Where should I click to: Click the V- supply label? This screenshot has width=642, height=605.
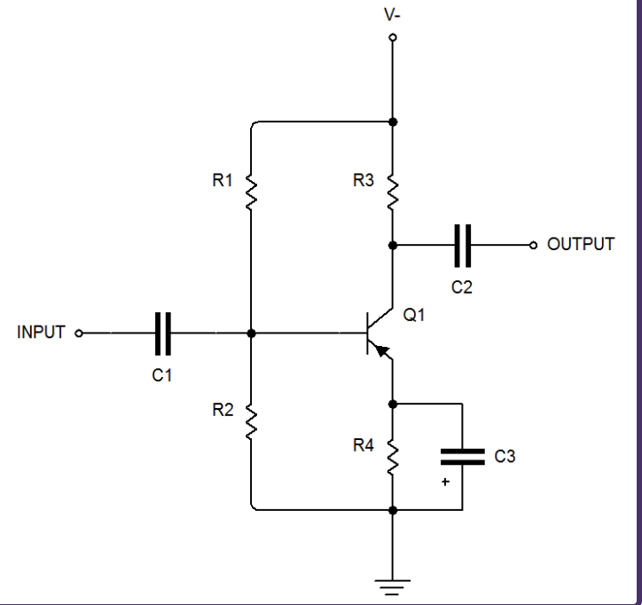click(392, 15)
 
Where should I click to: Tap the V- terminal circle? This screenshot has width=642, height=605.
click(393, 38)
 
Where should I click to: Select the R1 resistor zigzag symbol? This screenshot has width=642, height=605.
click(252, 191)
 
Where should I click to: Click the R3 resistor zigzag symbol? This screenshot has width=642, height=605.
click(393, 191)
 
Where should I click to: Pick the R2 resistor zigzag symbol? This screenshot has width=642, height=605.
click(252, 421)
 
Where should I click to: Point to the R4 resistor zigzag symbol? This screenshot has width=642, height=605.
click(393, 457)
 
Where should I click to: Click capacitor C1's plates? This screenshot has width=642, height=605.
click(162, 334)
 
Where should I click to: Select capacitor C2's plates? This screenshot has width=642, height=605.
click(462, 245)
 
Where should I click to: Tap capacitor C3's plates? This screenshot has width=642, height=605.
click(462, 456)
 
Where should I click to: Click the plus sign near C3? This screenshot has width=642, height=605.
click(446, 482)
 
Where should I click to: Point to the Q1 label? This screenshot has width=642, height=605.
click(414, 314)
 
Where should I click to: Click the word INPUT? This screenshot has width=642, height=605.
click(41, 333)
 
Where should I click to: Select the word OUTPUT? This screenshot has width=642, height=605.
click(581, 244)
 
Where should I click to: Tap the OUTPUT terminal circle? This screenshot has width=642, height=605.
click(533, 245)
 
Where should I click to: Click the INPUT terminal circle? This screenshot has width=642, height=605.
click(79, 334)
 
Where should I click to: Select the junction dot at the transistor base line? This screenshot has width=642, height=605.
click(252, 334)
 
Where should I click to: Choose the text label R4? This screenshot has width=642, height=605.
click(364, 445)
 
